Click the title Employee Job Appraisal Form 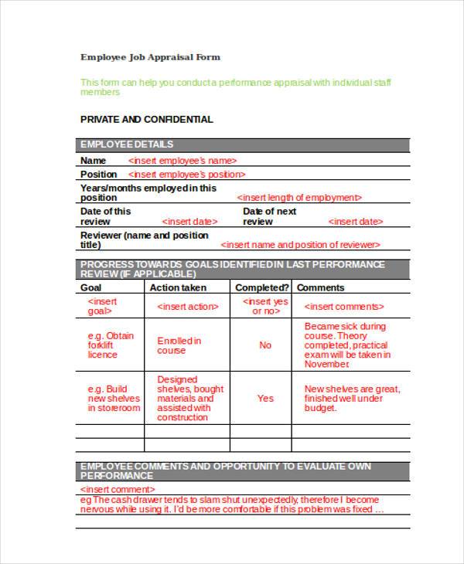tap(150, 57)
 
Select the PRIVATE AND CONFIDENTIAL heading tap(146, 120)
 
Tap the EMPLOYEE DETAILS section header tap(127, 144)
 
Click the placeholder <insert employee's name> tap(182, 161)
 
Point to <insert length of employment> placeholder tap(299, 198)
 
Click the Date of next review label tap(269, 216)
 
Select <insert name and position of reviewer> tap(300, 245)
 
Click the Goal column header tap(91, 287)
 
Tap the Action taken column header tap(178, 287)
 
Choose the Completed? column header tap(261, 287)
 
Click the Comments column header tap(320, 287)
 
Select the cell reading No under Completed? tap(265, 345)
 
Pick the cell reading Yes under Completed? tap(265, 399)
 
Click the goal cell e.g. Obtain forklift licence tap(110, 345)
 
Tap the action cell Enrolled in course tap(179, 345)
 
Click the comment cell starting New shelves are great tap(352, 399)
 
